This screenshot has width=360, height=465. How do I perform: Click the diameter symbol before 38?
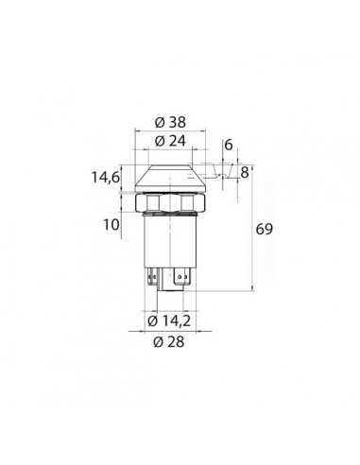[x=158, y=122]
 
